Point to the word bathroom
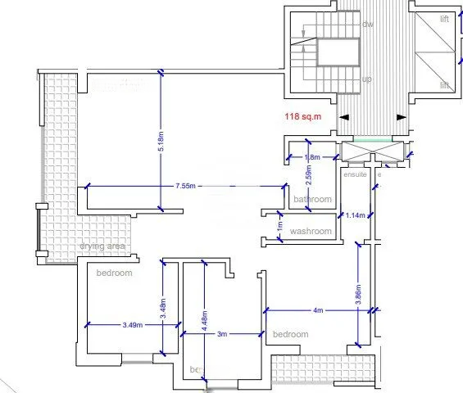[312, 200]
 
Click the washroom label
[311, 232]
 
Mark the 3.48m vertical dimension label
[164, 308]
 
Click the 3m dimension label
[221, 334]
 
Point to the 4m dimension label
[318, 311]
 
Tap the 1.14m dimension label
[355, 215]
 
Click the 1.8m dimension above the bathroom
[311, 157]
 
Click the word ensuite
[355, 174]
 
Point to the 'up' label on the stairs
[367, 79]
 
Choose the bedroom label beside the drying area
[114, 273]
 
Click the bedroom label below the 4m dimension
[290, 335]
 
